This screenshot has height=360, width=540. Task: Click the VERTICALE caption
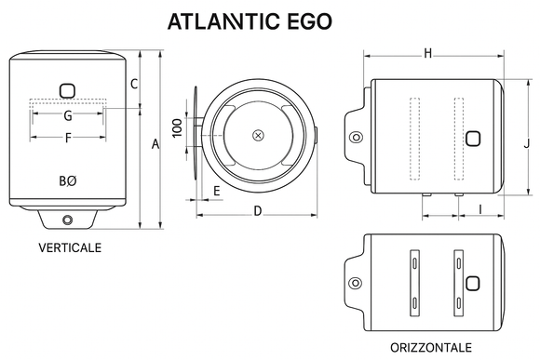[x=70, y=248]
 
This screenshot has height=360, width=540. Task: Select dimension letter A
[x=155, y=143]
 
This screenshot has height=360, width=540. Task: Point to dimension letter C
[x=134, y=85]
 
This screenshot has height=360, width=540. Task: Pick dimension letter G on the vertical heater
[x=68, y=116]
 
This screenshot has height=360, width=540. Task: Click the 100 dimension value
[x=177, y=127]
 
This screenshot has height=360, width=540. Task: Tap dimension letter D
[x=257, y=211]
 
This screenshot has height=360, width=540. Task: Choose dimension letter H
[x=427, y=53]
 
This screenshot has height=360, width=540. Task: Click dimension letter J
[x=526, y=143]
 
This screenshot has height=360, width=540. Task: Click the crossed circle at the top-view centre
[x=258, y=136]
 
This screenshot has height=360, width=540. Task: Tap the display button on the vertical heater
[x=68, y=91]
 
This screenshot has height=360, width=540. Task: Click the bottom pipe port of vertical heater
[x=68, y=220]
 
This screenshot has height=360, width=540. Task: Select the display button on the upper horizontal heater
[x=473, y=140]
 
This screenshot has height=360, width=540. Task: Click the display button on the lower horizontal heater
[x=473, y=283]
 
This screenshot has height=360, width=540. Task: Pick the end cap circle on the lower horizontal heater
[x=354, y=283]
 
